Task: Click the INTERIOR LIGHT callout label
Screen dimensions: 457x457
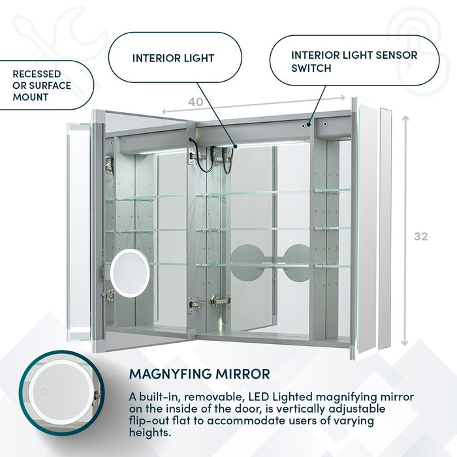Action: (173, 58)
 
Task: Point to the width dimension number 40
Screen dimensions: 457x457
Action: (195, 102)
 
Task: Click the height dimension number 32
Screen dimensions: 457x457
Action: (421, 236)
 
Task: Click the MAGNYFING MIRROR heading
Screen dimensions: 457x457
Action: (199, 374)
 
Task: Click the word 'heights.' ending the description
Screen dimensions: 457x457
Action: (150, 432)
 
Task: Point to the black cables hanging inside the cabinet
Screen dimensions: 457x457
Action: (209, 157)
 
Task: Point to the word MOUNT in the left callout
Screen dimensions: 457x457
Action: (30, 97)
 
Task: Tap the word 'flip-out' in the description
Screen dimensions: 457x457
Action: (151, 420)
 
